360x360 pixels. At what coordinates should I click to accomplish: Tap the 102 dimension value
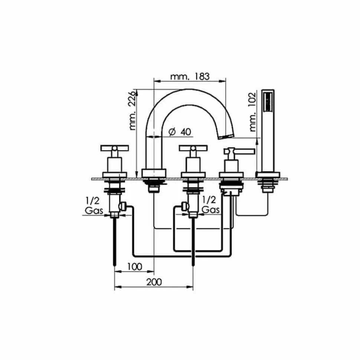tap(252, 99)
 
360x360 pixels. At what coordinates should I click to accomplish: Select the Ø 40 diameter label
tap(180, 132)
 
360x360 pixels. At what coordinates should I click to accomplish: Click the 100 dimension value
tap(135, 266)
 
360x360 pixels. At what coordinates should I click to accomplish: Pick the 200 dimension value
tap(154, 282)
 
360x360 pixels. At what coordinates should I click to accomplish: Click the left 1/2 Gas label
tap(94, 206)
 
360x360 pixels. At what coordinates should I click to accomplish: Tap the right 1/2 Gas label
tap(210, 205)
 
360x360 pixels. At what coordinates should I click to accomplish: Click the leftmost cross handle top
tap(115, 148)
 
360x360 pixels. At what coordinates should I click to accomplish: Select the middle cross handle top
tap(193, 148)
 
